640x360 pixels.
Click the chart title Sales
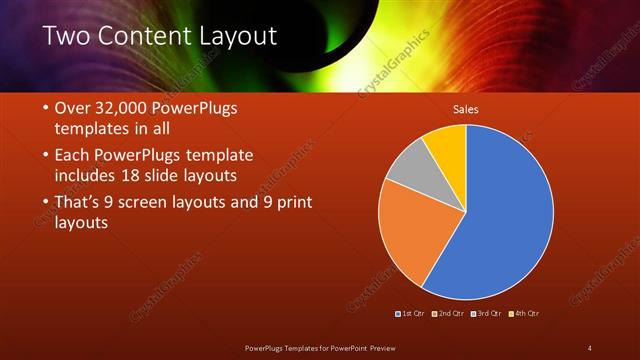tap(466, 108)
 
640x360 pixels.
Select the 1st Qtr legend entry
tap(412, 314)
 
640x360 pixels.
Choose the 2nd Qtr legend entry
tap(450, 314)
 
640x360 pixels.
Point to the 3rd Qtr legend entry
tap(487, 314)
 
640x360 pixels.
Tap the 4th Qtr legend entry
tap(524, 314)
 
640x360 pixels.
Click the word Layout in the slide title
tap(231, 37)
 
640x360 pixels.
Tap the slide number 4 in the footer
tap(589, 347)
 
